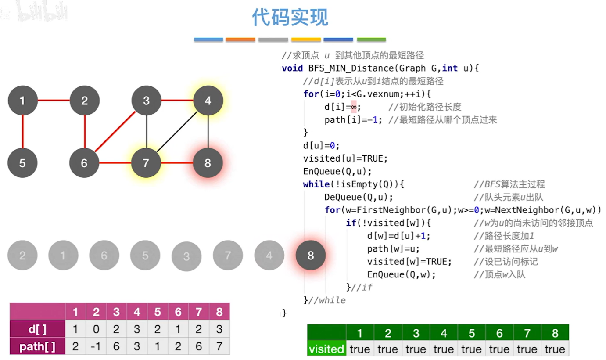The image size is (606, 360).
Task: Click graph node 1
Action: click(22, 101)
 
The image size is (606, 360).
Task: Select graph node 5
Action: click(22, 163)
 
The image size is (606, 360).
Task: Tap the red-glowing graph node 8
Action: click(208, 163)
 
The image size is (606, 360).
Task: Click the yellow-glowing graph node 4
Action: click(208, 101)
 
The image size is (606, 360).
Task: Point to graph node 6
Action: click(84, 163)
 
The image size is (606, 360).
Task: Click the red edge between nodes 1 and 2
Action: click(53, 101)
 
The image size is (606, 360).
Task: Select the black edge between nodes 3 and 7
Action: click(146, 131)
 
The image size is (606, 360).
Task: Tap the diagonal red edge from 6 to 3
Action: click(115, 131)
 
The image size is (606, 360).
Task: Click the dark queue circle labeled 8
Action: click(311, 255)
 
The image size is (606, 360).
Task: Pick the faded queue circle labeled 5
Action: click(145, 255)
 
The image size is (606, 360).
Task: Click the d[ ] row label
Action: click(38, 329)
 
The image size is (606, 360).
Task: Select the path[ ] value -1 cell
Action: click(96, 347)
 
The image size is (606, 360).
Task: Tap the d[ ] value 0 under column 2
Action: click(96, 329)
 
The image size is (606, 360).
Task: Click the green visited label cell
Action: click(326, 349)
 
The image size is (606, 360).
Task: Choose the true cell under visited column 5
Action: click(471, 349)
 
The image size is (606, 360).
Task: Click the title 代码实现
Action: click(290, 18)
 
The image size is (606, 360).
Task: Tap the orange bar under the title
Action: click(240, 40)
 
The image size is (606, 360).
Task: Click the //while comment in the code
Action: click(327, 300)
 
